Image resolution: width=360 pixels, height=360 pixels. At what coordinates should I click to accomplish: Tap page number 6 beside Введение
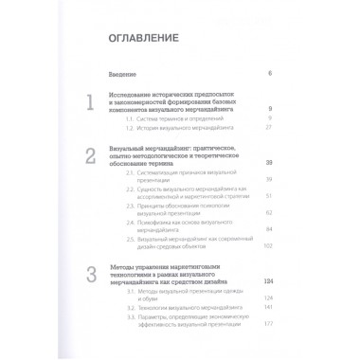[x=270, y=73]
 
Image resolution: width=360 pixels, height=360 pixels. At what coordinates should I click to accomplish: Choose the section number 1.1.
[x=141, y=117]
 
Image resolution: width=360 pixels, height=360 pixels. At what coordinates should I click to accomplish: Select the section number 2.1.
[x=142, y=176]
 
